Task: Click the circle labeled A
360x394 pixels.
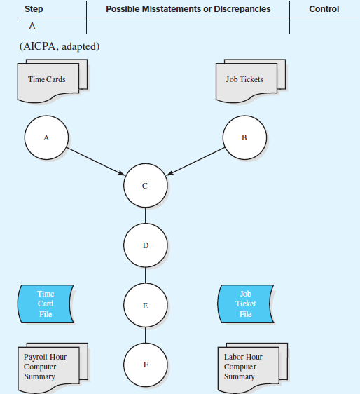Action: point(46,137)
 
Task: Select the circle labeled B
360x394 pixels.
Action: point(244,137)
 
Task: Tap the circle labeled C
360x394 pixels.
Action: point(145,186)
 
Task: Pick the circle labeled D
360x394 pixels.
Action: point(145,246)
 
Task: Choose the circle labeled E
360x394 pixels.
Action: point(145,306)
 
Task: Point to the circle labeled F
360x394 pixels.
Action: point(145,365)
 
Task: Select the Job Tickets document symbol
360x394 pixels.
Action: point(246,79)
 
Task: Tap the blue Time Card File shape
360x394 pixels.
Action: point(46,304)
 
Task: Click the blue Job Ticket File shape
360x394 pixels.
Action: point(245,304)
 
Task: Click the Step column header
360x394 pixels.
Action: point(33,9)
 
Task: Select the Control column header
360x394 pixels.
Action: point(324,9)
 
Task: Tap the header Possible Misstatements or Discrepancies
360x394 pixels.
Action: point(188,9)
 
